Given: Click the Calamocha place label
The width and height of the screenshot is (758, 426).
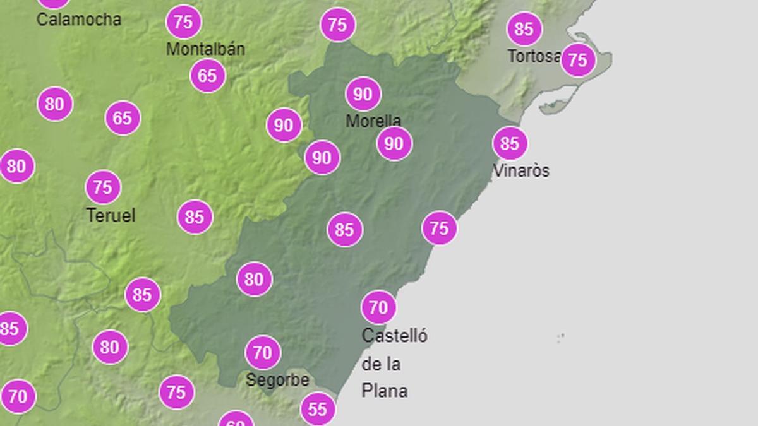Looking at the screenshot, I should point(78,20).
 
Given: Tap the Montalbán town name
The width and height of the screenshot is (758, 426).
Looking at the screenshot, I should point(205,49).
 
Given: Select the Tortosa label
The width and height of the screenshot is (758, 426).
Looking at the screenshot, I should point(534,56).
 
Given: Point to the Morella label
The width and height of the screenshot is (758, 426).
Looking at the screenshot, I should point(373,121).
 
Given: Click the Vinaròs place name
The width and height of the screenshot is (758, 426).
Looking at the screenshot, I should point(521,170).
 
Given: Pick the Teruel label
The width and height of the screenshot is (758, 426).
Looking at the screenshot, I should point(111,215).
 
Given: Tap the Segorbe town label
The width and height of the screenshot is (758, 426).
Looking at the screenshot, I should point(277,380).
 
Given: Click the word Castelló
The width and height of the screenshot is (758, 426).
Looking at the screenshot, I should point(394,336).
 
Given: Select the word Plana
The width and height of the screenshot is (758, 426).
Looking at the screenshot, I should point(384,391).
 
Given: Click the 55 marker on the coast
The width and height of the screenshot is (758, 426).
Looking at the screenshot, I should point(317,410).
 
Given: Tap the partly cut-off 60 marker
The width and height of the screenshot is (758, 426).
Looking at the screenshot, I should point(236,420).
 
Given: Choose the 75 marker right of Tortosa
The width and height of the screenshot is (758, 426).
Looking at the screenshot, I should point(578,60).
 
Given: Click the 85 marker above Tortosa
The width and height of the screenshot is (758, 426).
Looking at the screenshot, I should point(524,28).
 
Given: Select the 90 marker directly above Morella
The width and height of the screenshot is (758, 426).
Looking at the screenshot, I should point(363,94).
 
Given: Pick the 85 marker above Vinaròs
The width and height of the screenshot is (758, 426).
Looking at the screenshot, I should point(510,143).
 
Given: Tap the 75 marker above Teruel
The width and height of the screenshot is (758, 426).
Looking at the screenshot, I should point(102,187).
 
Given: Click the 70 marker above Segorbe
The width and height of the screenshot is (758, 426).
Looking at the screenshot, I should point(262,353).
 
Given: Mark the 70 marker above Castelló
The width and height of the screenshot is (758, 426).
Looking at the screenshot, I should point(378,307).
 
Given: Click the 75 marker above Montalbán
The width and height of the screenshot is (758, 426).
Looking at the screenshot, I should point(183,23).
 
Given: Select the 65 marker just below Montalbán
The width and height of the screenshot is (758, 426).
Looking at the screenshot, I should point(207,76).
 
